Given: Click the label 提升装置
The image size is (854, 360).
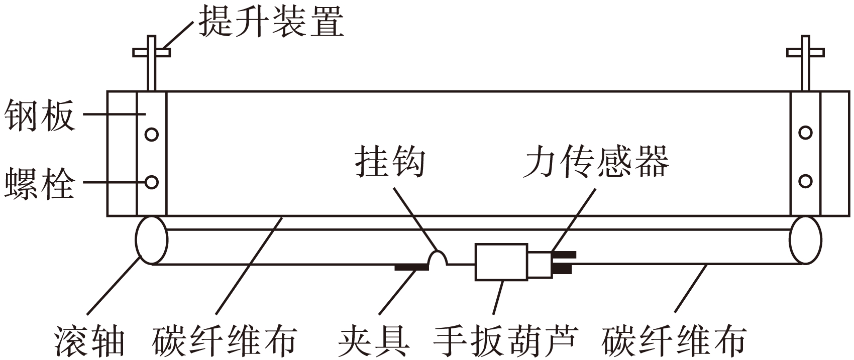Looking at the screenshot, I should tap(271, 22).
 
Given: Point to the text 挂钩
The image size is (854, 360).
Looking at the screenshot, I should tap(390, 162).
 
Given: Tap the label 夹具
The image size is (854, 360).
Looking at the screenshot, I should tap(373, 341).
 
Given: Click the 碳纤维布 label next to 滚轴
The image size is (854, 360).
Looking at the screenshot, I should tap(224, 341).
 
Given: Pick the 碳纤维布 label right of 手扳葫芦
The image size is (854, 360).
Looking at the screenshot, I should tap(673, 341).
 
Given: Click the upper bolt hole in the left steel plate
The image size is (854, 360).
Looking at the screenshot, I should tap(151, 134).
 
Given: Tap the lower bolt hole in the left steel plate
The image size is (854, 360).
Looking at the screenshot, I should tap(151, 182).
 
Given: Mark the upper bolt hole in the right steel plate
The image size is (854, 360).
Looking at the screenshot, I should tap(805, 133).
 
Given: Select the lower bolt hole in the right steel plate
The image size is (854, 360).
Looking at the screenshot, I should tap(805, 181).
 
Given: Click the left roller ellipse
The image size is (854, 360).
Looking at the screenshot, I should tap(151, 240).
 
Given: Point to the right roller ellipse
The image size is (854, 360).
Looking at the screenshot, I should tap(805, 240).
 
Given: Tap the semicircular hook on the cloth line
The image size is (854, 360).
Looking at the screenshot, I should tap(437, 258).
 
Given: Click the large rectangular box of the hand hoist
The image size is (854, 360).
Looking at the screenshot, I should tap(501, 261).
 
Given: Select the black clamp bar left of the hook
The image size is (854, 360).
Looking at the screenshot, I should tap(411, 268).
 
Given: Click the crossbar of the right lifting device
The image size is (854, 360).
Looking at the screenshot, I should tap(806, 52).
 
